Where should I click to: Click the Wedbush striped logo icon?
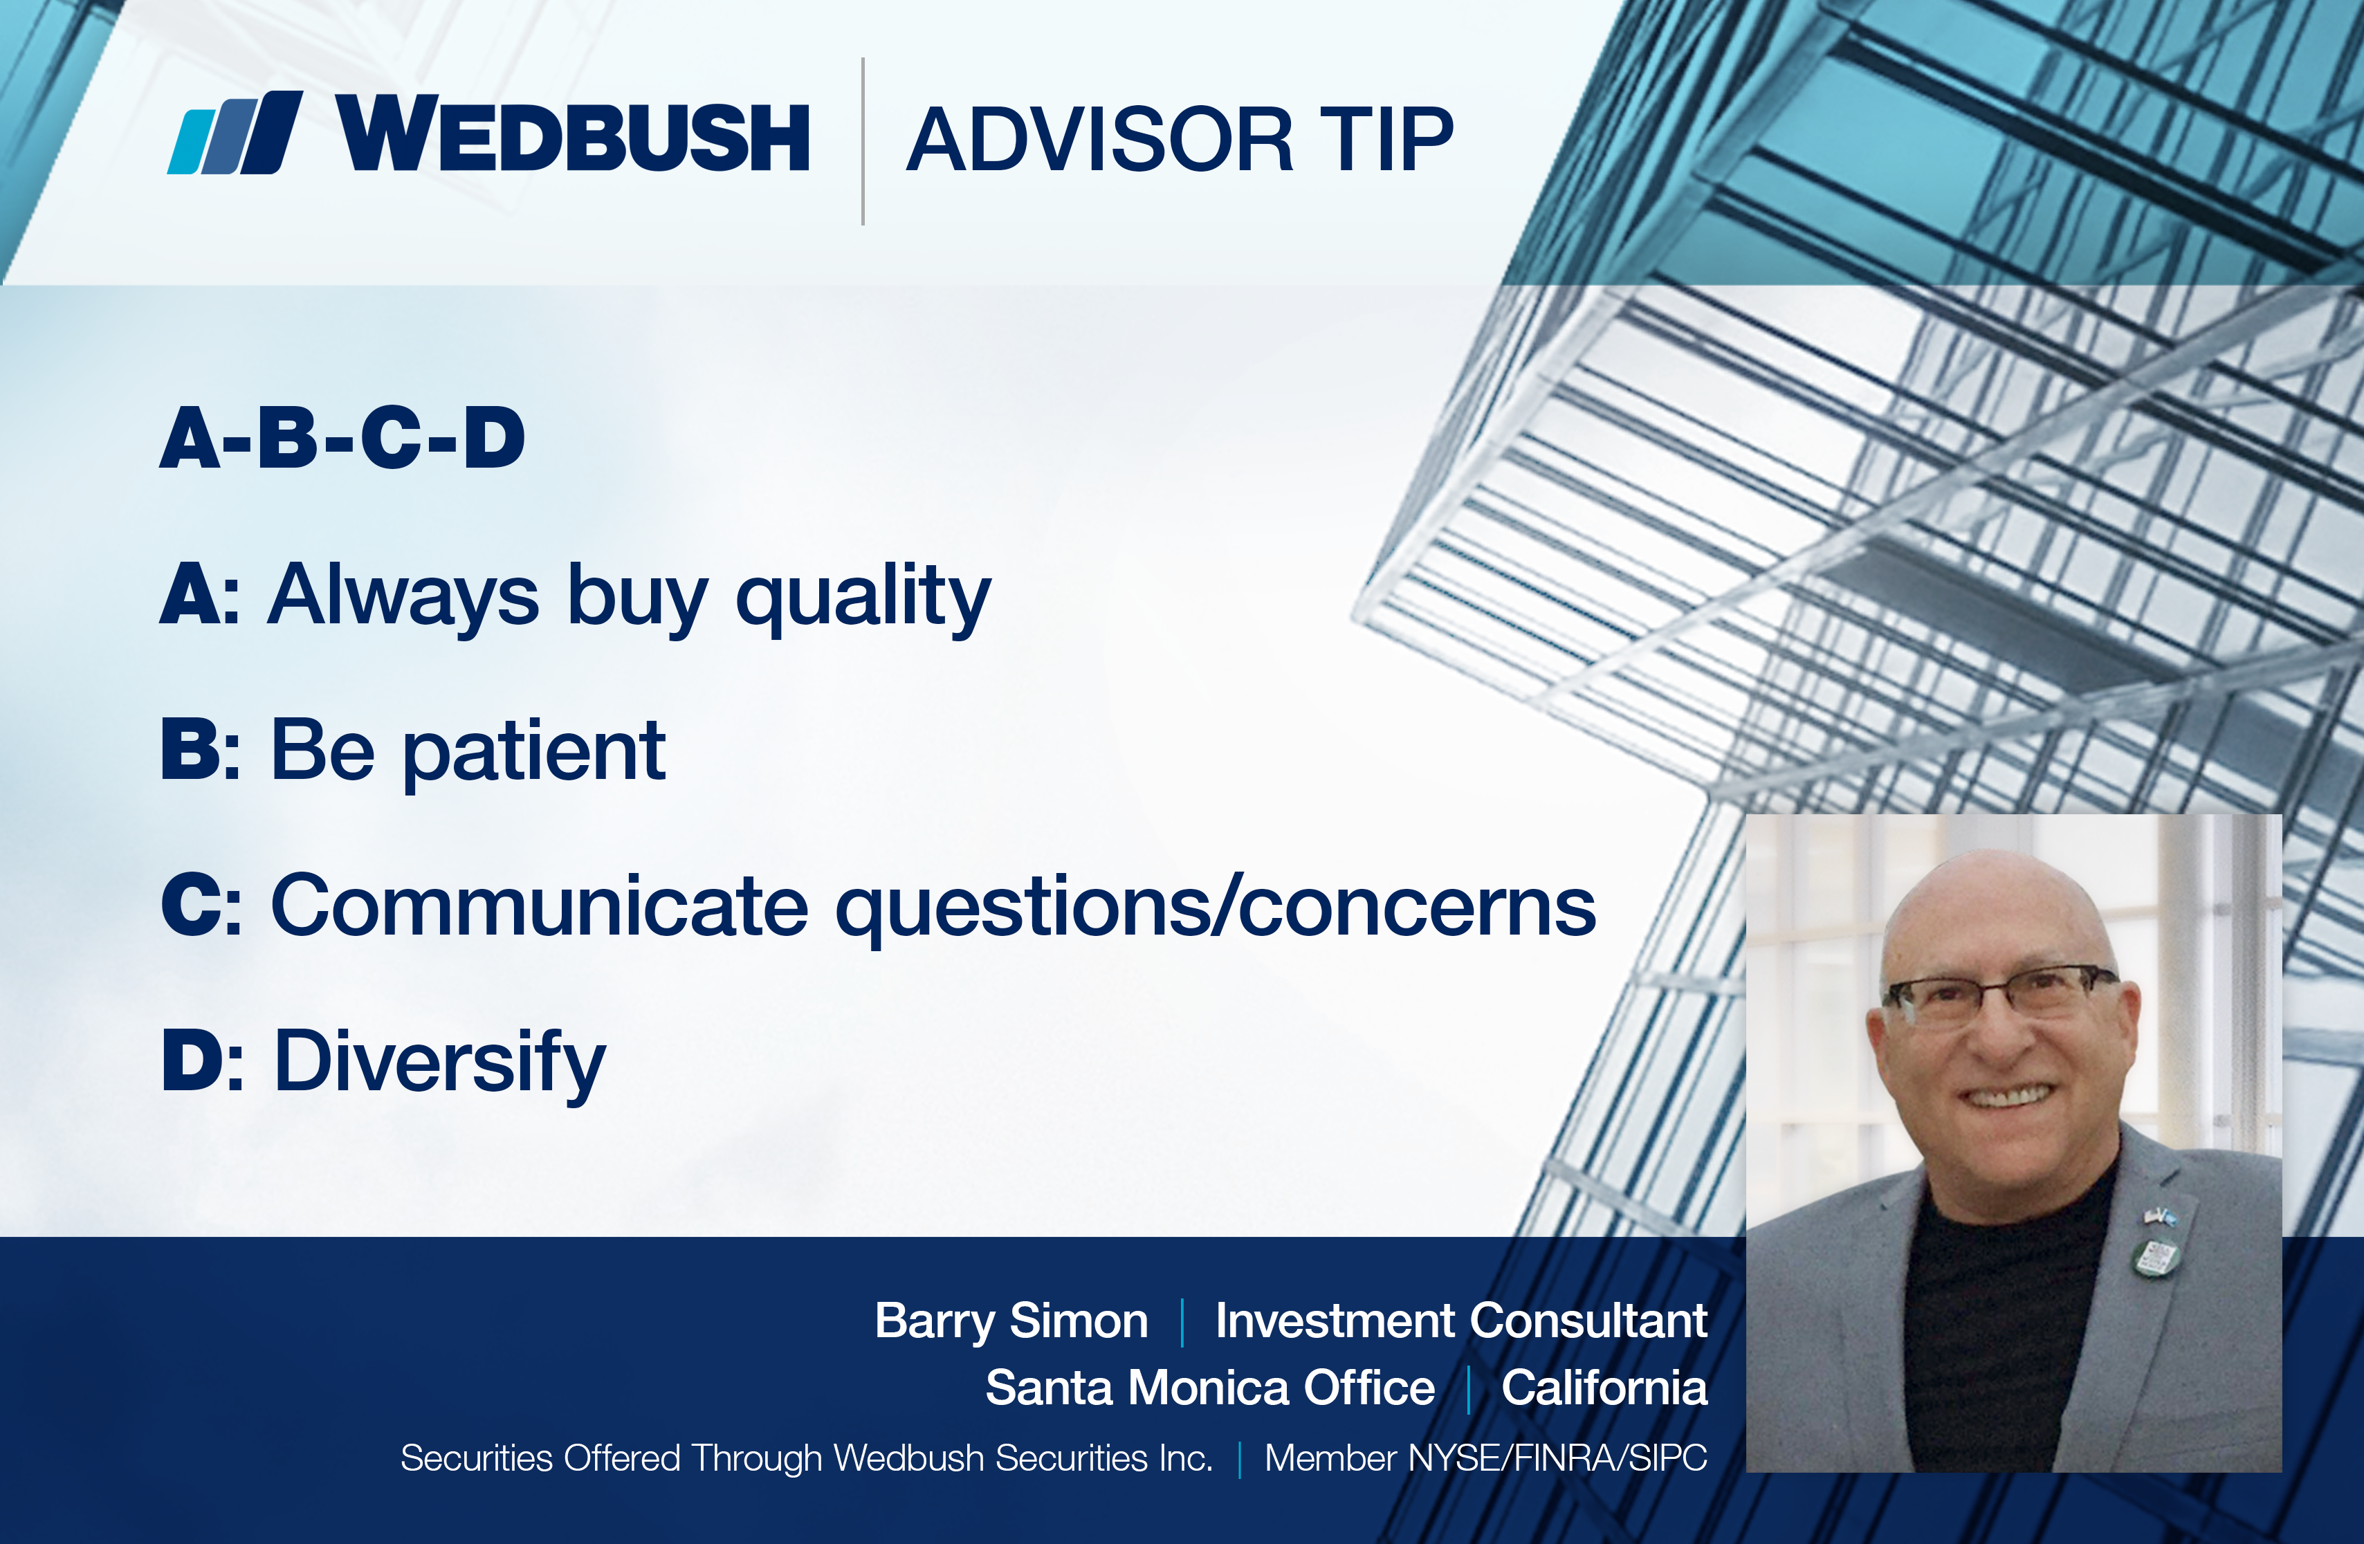(235, 133)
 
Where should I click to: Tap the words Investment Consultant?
(1461, 1321)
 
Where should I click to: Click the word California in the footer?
(1604, 1387)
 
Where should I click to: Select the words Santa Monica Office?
(1210, 1387)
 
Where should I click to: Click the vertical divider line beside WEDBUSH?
(863, 141)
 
